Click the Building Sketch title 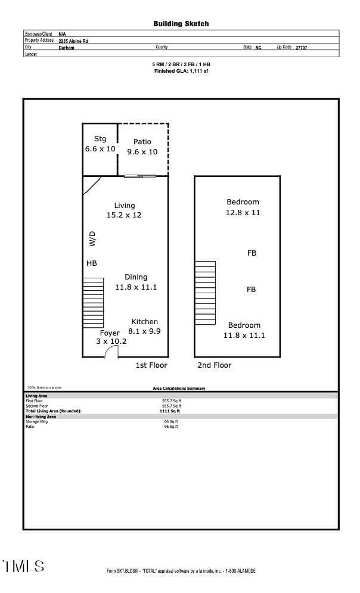[x=181, y=24]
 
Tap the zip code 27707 [x=302, y=47]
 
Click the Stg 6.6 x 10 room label [x=100, y=144]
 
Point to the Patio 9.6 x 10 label [x=142, y=147]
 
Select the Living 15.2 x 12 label [x=124, y=210]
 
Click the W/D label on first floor [x=92, y=239]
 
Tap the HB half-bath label [x=92, y=263]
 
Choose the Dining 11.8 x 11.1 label [x=135, y=282]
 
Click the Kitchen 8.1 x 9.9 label [x=144, y=327]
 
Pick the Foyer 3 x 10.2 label [x=111, y=337]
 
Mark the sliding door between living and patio [x=140, y=176]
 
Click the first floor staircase [x=93, y=302]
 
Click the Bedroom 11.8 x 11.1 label [x=244, y=330]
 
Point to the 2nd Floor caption [x=214, y=365]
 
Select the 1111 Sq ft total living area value [x=170, y=411]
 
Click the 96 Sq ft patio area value [x=170, y=427]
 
